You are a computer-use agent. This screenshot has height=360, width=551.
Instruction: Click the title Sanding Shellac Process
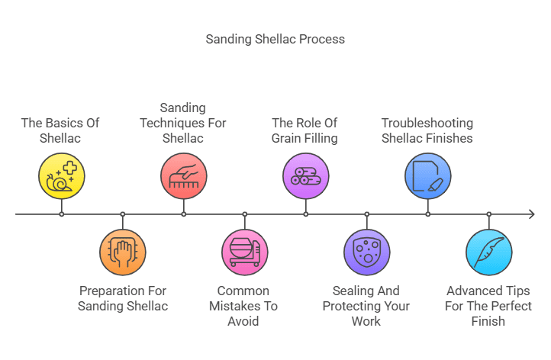click(x=275, y=39)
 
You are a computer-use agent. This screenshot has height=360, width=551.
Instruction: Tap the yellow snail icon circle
click(x=61, y=175)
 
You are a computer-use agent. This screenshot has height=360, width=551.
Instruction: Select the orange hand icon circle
click(x=122, y=252)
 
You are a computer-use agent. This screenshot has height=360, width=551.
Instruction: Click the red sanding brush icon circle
click(x=183, y=175)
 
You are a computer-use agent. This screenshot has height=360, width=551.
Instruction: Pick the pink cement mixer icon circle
click(x=244, y=252)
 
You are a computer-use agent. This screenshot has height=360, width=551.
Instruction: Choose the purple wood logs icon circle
click(x=305, y=175)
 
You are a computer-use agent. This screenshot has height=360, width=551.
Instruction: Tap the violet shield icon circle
click(x=366, y=252)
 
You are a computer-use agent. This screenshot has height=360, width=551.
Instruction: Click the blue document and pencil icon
click(x=427, y=175)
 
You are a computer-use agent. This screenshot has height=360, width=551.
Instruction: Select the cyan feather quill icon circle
click(x=488, y=252)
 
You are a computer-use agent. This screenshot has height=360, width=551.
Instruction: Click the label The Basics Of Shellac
click(x=60, y=130)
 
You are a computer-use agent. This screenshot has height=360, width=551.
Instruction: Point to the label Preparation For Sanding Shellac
click(x=122, y=298)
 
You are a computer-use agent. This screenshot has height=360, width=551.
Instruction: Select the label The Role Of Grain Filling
click(x=304, y=130)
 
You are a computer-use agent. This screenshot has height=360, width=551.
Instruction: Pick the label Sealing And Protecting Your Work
click(x=366, y=306)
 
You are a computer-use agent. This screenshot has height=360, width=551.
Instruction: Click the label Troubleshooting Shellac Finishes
click(x=427, y=130)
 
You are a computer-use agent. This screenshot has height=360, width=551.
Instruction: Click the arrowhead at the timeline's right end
click(x=531, y=214)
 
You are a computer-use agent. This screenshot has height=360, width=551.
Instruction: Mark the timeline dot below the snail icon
click(x=61, y=214)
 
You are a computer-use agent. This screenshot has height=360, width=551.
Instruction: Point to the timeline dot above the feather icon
click(x=488, y=214)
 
